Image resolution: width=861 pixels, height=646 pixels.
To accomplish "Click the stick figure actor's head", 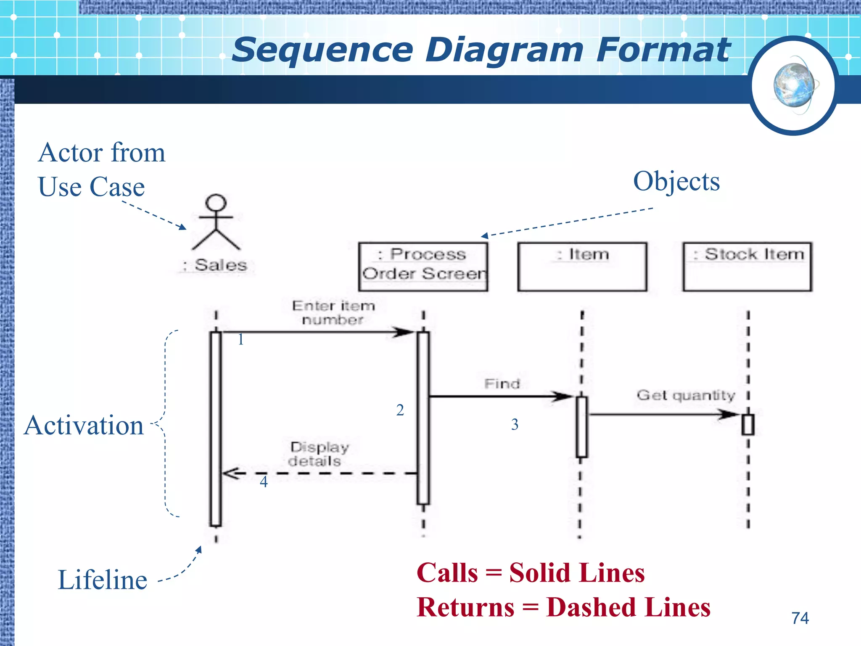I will tap(216, 203).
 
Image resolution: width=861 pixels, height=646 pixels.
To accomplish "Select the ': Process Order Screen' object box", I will tap(423, 267).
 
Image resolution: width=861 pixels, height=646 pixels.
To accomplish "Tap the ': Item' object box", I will tap(582, 267).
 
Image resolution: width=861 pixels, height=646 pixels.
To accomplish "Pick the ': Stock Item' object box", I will tap(747, 267).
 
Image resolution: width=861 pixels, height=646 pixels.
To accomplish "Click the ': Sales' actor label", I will tap(216, 265).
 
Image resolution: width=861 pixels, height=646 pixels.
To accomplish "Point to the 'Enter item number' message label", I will tap(333, 312).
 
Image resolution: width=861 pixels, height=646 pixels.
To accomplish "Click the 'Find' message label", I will tap(502, 384).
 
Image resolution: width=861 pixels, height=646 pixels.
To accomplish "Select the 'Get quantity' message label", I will tap(686, 395).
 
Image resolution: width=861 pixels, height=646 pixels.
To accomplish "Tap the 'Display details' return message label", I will tap(319, 454).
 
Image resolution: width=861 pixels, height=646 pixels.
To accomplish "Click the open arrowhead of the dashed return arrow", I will tap(230, 474).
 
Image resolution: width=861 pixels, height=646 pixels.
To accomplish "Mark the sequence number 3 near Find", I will tap(515, 424).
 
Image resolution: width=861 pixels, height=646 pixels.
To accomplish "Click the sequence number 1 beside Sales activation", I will tap(240, 339).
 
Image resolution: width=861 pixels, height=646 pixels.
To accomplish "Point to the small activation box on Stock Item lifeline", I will tap(747, 425).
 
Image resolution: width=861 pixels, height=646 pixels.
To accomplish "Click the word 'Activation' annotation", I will tap(84, 425).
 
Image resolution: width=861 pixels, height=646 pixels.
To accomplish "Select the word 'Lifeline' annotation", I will tap(102, 580).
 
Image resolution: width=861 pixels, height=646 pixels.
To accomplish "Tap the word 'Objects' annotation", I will tap(676, 181).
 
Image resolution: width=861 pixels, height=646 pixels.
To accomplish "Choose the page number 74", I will tap(800, 618).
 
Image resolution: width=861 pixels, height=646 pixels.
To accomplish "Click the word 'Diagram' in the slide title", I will tap(504, 50).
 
